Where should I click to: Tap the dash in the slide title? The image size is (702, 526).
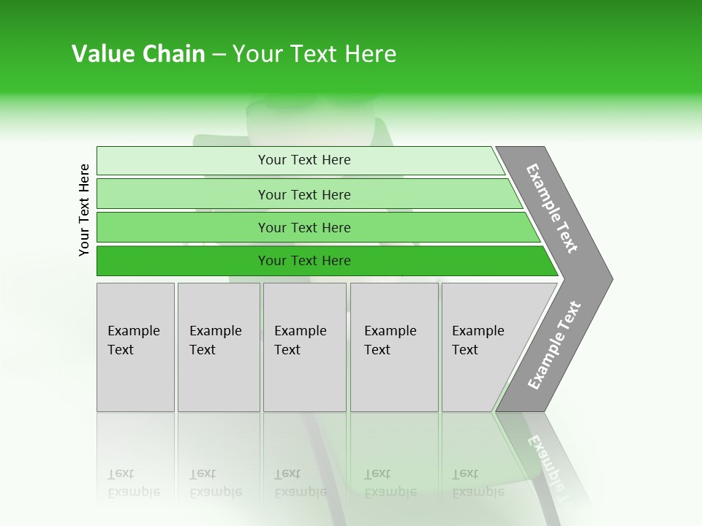219,55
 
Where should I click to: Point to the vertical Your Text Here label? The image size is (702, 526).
84,210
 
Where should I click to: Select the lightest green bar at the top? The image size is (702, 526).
183,161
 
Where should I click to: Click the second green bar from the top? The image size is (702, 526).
183,194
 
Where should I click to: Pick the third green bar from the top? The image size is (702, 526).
183,227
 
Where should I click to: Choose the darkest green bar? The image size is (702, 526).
183,261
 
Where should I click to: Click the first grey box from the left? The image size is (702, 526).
135,380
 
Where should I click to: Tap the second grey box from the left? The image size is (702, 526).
219,380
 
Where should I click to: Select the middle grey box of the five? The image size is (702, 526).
304,380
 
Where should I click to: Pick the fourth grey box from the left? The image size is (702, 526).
394,380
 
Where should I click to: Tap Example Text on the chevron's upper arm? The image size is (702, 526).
552,208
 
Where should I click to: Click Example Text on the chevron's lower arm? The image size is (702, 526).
554,346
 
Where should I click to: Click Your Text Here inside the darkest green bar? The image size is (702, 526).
304,261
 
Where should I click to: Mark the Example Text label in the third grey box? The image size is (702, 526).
300,340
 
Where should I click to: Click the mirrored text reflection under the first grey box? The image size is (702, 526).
133,484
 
